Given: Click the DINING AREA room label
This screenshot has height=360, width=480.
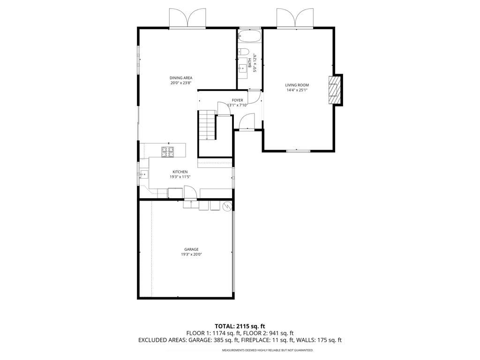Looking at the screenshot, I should [x=181, y=78].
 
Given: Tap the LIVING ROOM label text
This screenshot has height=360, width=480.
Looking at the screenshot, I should [x=297, y=85].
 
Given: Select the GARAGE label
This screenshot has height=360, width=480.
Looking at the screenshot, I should [x=191, y=249].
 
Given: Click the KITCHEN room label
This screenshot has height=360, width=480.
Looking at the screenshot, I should [x=180, y=172].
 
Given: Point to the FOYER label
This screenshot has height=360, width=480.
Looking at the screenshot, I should [x=237, y=100].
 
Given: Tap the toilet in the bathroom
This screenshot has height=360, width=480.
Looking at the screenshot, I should [x=243, y=52].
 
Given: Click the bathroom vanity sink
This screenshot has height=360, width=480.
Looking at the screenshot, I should [x=243, y=70].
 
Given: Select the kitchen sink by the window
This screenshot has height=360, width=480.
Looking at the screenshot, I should [x=143, y=174].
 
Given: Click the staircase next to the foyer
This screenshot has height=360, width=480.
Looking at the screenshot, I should [x=206, y=125].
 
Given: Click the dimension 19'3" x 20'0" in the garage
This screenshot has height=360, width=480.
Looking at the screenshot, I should [x=191, y=255].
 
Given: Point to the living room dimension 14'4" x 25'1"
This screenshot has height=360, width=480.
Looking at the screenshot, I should [x=297, y=90].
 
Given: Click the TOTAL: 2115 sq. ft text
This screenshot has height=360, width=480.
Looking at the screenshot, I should [x=240, y=326].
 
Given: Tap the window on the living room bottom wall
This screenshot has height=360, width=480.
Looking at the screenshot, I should [x=298, y=150].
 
